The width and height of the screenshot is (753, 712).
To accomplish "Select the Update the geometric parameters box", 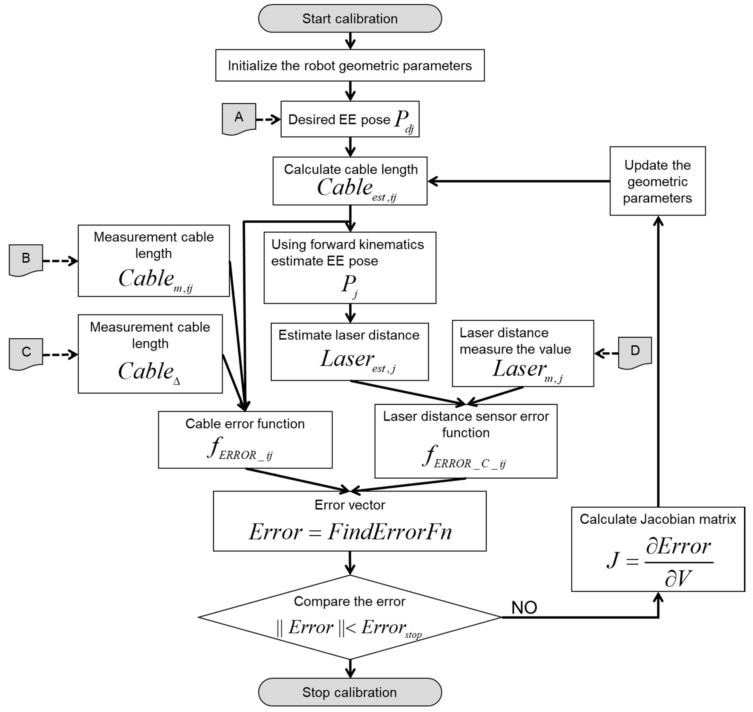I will pos(657,181).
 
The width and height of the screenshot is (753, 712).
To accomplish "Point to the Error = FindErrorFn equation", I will pos(350,532).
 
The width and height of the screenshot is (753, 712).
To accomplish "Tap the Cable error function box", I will pos(245,440).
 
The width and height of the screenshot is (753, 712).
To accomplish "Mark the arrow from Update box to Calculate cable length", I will pos(519,181).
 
